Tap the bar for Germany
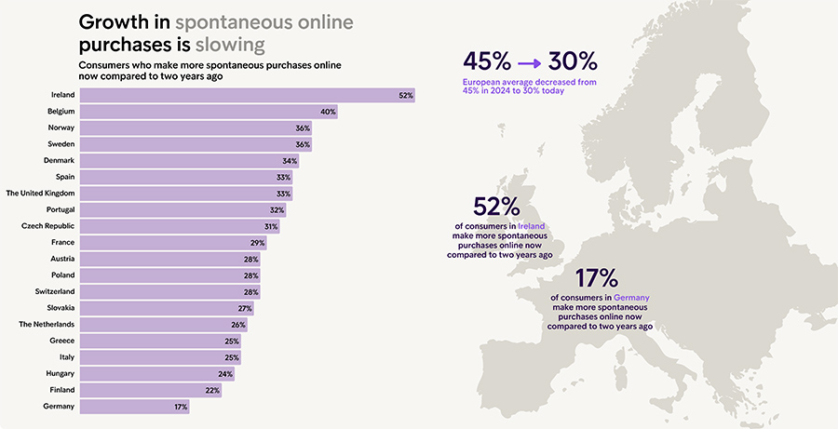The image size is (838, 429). coord(134,407)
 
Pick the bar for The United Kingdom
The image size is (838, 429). coord(186,194)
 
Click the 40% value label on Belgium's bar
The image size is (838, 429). coord(328,112)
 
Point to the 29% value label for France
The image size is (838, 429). coord(257,243)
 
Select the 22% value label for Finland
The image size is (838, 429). coord(212,390)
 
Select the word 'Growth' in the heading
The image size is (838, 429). coord(110,22)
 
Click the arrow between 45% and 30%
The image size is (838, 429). coord(529,62)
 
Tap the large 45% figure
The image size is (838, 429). coord(487,62)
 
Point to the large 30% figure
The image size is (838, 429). coord(573,62)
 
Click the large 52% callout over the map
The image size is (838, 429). coord(496,207)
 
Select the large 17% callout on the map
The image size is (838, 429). coord(597,277)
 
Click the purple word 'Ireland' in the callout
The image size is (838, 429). coord(531,226)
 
